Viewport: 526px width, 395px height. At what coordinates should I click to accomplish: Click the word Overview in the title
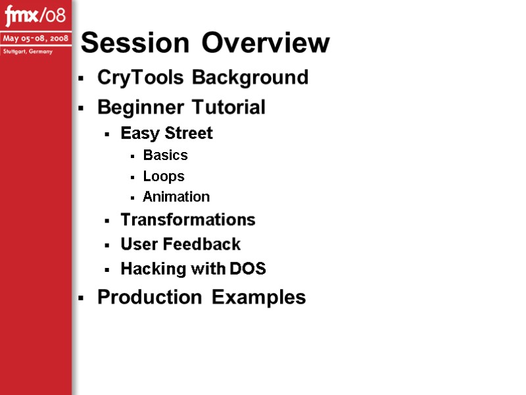pyautogui.click(x=266, y=43)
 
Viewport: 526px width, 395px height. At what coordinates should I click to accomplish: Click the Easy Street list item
pyautogui.click(x=166, y=134)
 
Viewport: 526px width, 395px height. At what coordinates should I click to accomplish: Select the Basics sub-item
pyautogui.click(x=165, y=155)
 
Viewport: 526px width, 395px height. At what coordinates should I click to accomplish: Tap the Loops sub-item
pyautogui.click(x=164, y=176)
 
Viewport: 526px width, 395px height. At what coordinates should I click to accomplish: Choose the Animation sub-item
pyautogui.click(x=176, y=197)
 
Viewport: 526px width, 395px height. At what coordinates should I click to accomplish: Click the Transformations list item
pyautogui.click(x=187, y=219)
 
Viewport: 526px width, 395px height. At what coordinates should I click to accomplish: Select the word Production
pyautogui.click(x=149, y=298)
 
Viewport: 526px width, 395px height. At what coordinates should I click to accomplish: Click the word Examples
pyautogui.click(x=259, y=298)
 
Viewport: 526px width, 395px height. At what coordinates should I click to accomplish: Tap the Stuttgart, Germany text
pyautogui.click(x=27, y=51)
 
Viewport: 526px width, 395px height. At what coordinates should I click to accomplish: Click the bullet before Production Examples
pyautogui.click(x=80, y=298)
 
